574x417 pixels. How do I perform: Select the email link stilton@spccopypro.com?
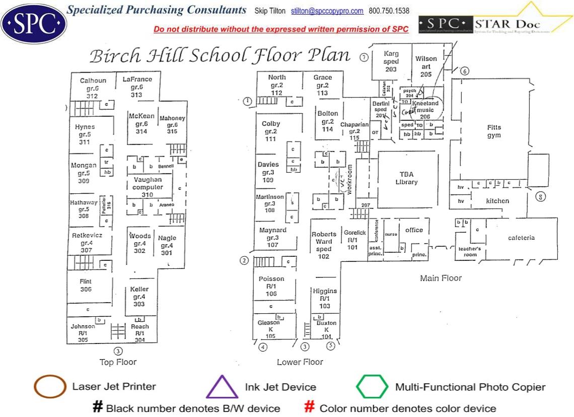pyautogui.click(x=334, y=11)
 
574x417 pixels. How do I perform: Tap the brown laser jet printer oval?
pyautogui.click(x=50, y=387)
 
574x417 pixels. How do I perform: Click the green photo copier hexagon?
pyautogui.click(x=372, y=387)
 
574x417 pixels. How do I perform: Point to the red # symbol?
pyautogui.click(x=310, y=407)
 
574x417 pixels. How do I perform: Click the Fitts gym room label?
pyautogui.click(x=494, y=131)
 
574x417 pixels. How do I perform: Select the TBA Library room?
pyautogui.click(x=406, y=178)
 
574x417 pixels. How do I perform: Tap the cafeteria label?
pyautogui.click(x=521, y=238)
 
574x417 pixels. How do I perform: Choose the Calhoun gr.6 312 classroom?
pyautogui.click(x=93, y=88)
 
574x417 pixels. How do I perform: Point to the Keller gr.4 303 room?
pyautogui.click(x=139, y=297)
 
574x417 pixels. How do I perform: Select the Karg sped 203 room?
pyautogui.click(x=391, y=61)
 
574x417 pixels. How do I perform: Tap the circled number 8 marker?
pyautogui.click(x=541, y=197)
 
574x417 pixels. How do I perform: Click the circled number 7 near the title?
pyautogui.click(x=364, y=57)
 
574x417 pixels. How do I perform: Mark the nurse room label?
pyautogui.click(x=391, y=234)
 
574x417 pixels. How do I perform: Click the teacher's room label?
pyautogui.click(x=469, y=252)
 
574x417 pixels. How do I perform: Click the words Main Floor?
pyautogui.click(x=441, y=278)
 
